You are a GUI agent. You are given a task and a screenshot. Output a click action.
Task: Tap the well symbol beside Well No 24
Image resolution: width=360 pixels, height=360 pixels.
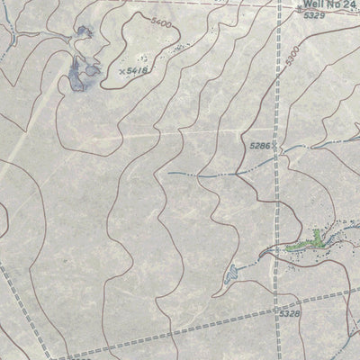299,8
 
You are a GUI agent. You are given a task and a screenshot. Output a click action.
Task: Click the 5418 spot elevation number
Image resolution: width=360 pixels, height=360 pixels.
138,68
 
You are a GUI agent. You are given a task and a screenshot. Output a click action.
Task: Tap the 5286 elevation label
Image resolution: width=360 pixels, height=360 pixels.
259,144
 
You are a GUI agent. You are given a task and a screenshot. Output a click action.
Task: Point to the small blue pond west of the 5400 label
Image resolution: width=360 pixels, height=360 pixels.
84,34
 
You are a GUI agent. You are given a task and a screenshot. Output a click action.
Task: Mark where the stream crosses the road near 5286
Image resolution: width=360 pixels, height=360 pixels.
277,148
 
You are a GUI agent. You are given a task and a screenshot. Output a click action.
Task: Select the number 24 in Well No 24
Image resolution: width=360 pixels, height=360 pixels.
353,5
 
